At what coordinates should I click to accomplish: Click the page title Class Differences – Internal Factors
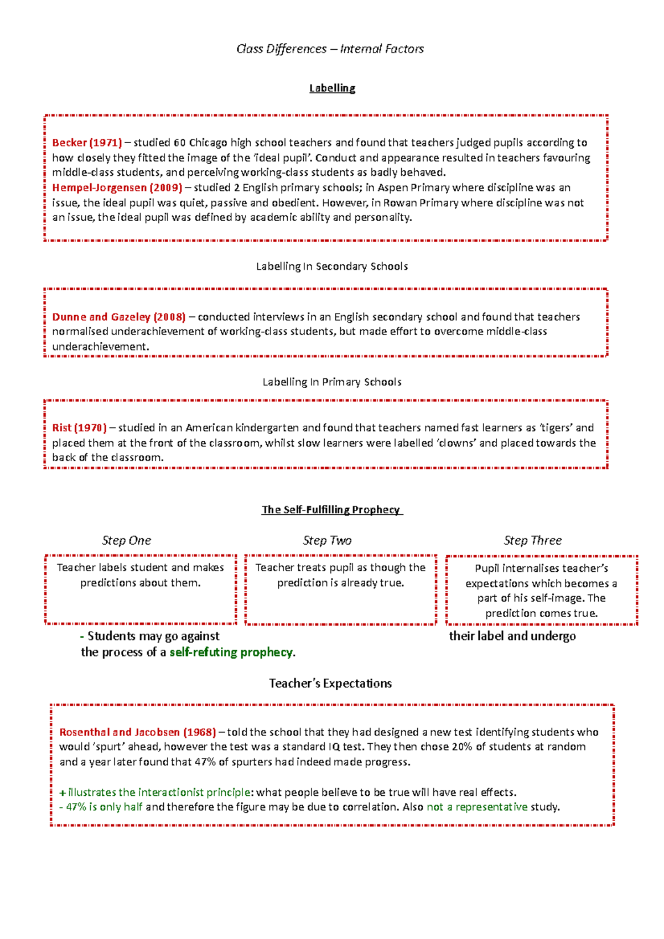pos(330,49)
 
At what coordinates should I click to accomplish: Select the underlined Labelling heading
pos(332,88)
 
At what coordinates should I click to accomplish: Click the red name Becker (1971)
pos(87,143)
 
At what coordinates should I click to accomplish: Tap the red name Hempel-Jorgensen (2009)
pos(117,187)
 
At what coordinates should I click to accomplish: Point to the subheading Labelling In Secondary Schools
pos(331,267)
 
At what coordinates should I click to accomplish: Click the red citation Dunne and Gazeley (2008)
pos(118,317)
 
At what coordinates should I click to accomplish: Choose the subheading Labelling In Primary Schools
pos(331,382)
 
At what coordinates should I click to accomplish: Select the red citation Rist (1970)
pos(79,427)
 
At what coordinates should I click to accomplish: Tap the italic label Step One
pos(126,541)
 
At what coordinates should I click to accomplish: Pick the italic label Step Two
pos(327,541)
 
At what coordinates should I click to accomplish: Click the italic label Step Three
pos(532,541)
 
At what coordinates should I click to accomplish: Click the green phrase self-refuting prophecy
pos(231,653)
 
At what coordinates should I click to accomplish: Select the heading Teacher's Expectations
pos(330,684)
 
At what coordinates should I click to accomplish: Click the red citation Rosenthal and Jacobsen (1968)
pos(137,732)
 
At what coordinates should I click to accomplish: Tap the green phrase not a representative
pos(477,807)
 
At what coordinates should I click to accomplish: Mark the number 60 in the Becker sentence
pos(180,143)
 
